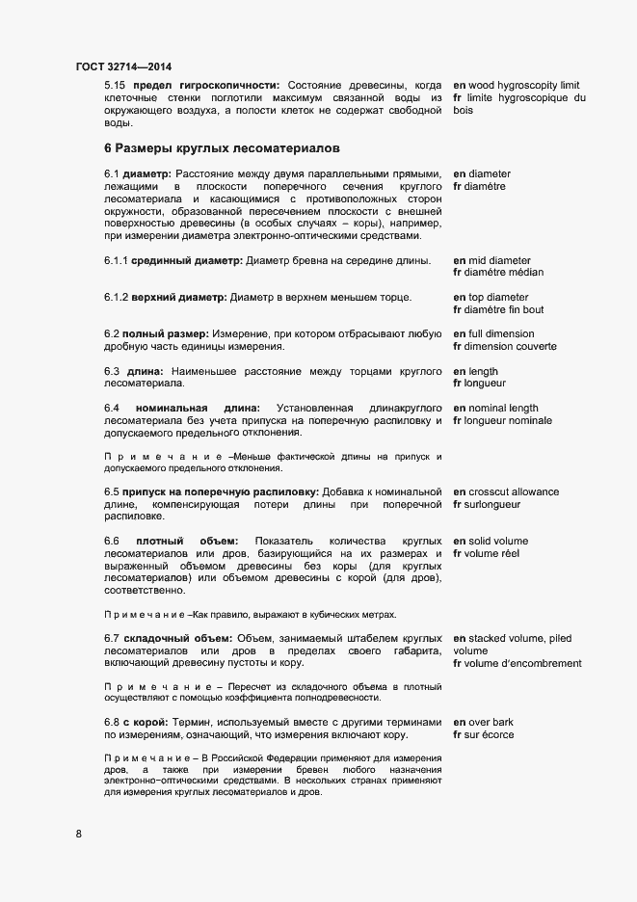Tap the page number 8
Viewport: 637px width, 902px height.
pyautogui.click(x=79, y=834)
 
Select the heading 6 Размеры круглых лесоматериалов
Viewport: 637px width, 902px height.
pyautogui.click(x=222, y=148)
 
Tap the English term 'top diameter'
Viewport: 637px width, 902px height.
pyautogui.click(x=498, y=297)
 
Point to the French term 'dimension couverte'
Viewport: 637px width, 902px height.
pyautogui.click(x=512, y=346)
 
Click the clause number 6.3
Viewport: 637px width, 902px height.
pyautogui.click(x=112, y=371)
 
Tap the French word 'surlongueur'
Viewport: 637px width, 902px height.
pyautogui.click(x=493, y=504)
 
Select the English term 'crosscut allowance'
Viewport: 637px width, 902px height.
pyautogui.click(x=514, y=491)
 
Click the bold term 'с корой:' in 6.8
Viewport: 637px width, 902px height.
pyautogui.click(x=141, y=722)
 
